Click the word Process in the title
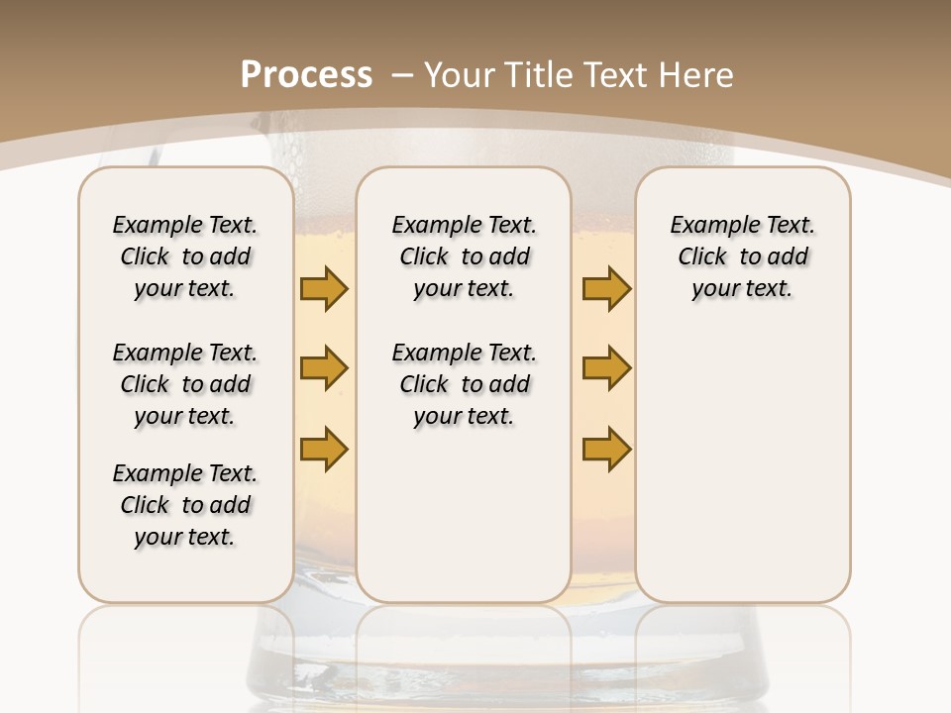click(306, 74)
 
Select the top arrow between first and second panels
click(324, 288)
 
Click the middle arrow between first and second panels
click(324, 368)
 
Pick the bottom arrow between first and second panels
click(324, 449)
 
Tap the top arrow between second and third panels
click(606, 288)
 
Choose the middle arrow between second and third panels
click(606, 368)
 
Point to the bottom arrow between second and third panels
click(606, 449)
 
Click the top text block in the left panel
click(185, 256)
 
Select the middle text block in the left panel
click(185, 384)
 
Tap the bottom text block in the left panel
click(185, 505)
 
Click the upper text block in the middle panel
click(464, 256)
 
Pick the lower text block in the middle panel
click(464, 384)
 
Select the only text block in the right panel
click(742, 256)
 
